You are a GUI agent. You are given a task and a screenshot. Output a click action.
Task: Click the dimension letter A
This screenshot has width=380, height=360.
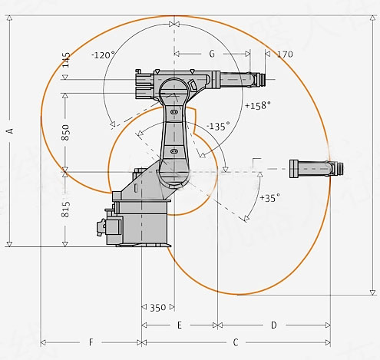point(10,130)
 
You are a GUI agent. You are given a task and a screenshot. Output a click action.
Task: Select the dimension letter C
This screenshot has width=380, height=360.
point(236,342)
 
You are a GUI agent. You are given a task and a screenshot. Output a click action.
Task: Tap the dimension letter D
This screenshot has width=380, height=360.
point(274,325)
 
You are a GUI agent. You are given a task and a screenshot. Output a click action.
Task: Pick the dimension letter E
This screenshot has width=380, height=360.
point(180,325)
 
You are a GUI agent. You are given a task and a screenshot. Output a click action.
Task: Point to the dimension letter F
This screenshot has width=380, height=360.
point(91,342)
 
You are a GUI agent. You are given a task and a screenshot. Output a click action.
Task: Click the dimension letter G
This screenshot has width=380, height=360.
point(212,54)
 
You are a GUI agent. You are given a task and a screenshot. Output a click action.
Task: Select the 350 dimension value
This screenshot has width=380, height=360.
point(158,308)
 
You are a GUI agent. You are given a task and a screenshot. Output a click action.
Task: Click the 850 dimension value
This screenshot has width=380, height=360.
point(65,132)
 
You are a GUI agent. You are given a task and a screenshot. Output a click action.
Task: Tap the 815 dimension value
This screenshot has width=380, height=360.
point(65,210)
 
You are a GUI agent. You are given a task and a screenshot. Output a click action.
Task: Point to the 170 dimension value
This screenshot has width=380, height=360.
point(285,54)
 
